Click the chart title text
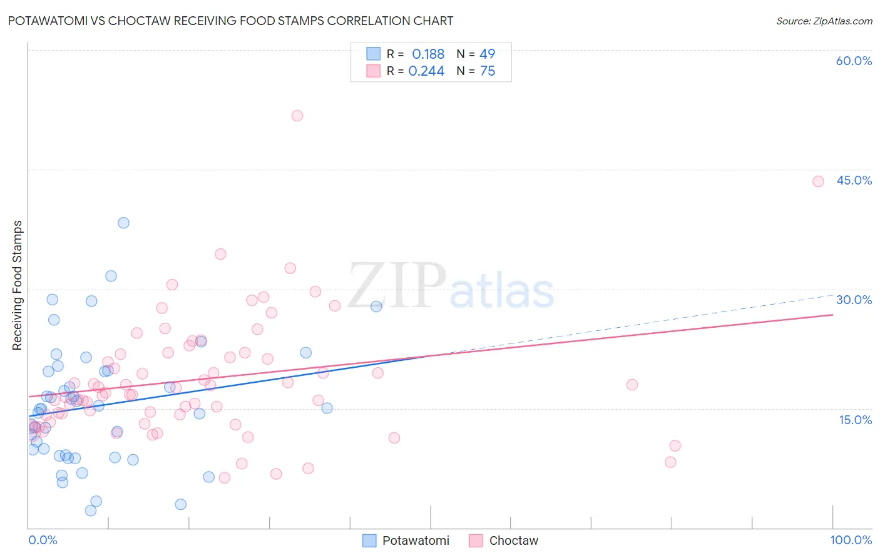pos(230,21)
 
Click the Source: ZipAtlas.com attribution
pos(824,21)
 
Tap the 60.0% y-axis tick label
pos(854,61)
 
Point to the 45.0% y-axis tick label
pos(854,180)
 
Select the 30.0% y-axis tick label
pos(854,300)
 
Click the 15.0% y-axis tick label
pos(855,420)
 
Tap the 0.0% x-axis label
pos(43,540)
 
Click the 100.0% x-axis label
pos(851,540)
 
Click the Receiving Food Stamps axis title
pos(18,285)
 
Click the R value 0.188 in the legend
pos(428,54)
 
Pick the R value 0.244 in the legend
pos(426,71)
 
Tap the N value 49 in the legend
pos(487,54)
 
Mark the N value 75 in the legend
pos(487,71)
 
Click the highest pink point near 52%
pos(297,116)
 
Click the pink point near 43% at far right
pos(818,181)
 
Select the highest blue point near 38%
pos(123,223)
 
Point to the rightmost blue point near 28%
pos(376,307)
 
